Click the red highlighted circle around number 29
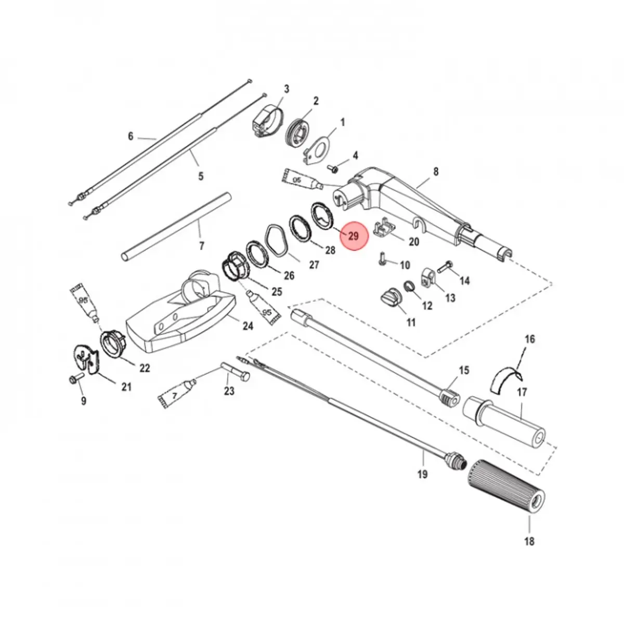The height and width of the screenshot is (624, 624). (354, 236)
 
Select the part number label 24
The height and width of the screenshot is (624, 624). (248, 326)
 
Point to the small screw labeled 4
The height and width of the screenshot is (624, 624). (332, 168)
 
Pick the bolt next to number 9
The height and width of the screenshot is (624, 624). (77, 378)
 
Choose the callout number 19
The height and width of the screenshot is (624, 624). (422, 475)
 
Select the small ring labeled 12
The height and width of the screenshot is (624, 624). (409, 286)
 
